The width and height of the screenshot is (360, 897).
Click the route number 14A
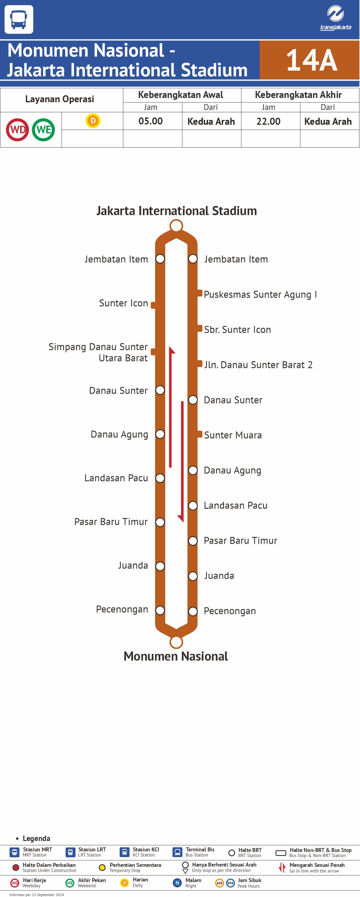[x=311, y=60]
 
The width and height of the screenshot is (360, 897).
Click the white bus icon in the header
[x=19, y=19]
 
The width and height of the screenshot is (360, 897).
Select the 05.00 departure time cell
[x=150, y=121]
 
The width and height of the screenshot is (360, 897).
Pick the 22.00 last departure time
[x=268, y=121]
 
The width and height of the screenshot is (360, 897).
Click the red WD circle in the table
[x=17, y=130]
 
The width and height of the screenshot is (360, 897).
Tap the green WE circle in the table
[x=44, y=130]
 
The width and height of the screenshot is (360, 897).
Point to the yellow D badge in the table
[x=93, y=121]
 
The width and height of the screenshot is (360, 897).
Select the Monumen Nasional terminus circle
[x=176, y=642]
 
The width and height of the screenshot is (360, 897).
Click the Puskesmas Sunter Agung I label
[x=260, y=295]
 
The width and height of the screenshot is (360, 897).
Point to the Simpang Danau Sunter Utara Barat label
[x=98, y=352]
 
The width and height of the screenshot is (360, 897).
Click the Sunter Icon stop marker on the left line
[x=153, y=305]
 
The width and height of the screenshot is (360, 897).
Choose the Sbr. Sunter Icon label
[x=237, y=330]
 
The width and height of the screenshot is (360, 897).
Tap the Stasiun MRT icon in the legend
[x=14, y=852]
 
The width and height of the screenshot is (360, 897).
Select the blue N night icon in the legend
[x=177, y=883]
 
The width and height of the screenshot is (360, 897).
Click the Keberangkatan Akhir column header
[x=298, y=95]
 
